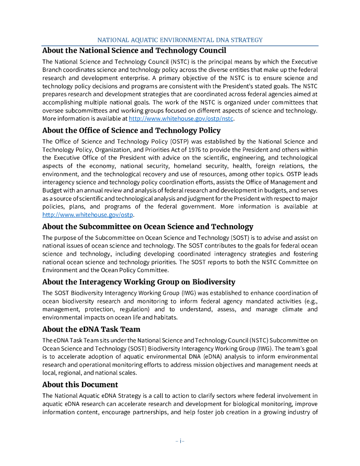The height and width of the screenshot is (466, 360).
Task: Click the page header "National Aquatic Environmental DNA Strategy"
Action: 180,40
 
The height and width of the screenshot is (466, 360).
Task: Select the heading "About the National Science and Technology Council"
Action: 134,51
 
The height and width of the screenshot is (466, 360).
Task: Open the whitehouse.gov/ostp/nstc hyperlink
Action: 181,118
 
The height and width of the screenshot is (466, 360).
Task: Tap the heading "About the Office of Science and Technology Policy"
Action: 131,131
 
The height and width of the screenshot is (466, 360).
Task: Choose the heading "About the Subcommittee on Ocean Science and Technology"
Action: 147,227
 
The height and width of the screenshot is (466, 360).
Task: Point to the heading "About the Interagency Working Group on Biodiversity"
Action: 138,282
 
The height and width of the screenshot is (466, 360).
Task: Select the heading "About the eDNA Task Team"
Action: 91,329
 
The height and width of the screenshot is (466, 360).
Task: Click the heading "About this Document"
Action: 80,385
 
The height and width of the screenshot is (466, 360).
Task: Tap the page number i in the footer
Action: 180,441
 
